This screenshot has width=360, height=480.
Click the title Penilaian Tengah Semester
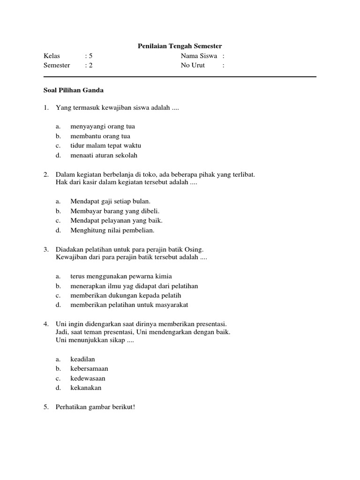[180, 46]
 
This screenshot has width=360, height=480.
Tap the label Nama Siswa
[199, 56]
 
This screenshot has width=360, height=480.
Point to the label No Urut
[193, 65]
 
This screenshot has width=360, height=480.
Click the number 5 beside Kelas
[91, 56]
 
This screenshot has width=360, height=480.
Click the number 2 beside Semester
[91, 65]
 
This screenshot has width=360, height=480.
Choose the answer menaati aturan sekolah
[104, 155]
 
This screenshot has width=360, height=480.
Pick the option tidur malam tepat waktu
[105, 145]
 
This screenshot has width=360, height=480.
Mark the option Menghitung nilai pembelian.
[112, 230]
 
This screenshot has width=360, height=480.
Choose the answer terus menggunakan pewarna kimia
[118, 276]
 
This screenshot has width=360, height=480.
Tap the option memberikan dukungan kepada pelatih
[126, 295]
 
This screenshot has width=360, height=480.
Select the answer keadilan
[82, 359]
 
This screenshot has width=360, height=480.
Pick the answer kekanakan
[86, 388]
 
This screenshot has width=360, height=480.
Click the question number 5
[46, 407]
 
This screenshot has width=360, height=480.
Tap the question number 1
[46, 108]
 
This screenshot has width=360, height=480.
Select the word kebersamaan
[89, 368]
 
